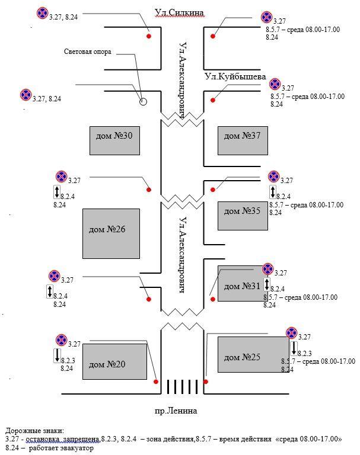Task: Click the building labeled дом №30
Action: pyautogui.click(x=114, y=140)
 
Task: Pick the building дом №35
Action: pyautogui.click(x=239, y=216)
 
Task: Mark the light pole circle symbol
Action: pyautogui.click(x=143, y=102)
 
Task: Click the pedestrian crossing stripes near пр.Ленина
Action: pyautogui.click(x=182, y=387)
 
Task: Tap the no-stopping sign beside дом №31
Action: pyautogui.click(x=267, y=270)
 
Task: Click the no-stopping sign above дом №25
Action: pyautogui.click(x=291, y=334)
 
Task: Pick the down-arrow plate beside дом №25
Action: pyautogui.click(x=294, y=348)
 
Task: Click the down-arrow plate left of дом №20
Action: pyautogui.click(x=56, y=355)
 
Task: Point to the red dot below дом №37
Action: pyautogui.click(x=213, y=190)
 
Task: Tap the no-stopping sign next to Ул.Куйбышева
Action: pyautogui.click(x=275, y=84)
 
